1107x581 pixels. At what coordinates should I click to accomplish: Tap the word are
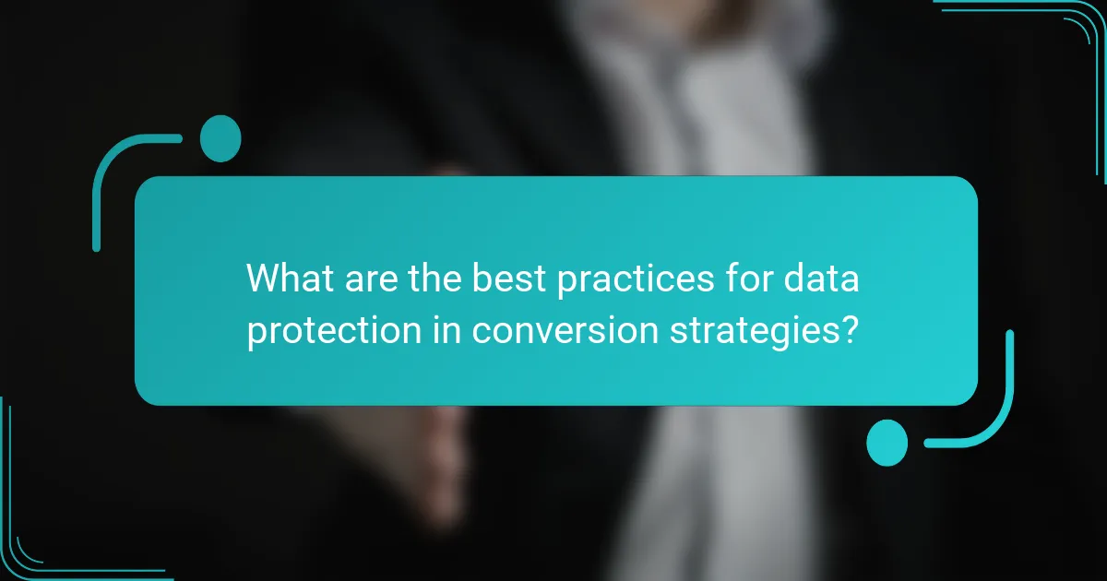point(375,279)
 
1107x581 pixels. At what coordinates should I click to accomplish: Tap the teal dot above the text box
point(220,138)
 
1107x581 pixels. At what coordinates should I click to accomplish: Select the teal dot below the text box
point(887,442)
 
